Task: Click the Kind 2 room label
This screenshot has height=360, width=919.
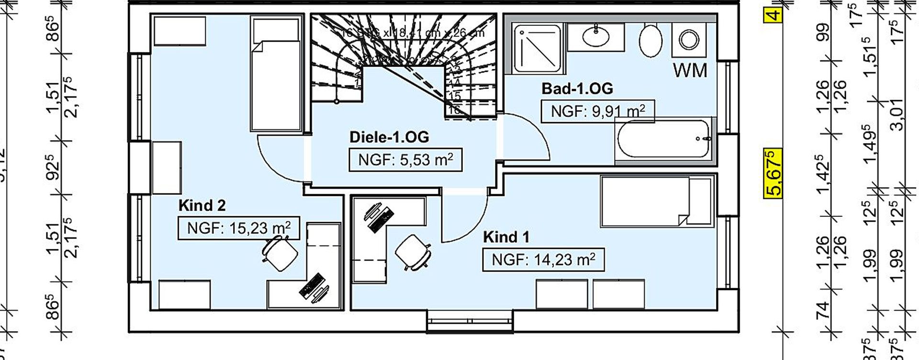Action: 202,206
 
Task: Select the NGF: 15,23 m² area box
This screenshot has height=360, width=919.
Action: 238,228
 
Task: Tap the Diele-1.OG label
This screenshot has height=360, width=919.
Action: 389,137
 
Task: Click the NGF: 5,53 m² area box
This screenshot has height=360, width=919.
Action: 405,160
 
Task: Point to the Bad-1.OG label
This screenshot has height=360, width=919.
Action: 577,89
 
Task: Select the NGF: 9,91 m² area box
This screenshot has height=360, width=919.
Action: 597,112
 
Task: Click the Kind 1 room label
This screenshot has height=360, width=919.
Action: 506,237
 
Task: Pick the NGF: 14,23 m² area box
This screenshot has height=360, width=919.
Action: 543,260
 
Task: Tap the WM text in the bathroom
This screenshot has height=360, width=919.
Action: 690,71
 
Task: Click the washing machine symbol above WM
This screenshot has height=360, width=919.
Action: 689,40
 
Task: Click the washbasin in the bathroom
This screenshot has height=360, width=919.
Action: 596,36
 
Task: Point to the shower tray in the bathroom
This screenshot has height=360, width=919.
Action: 537,48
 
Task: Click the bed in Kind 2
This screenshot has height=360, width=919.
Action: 277,74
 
